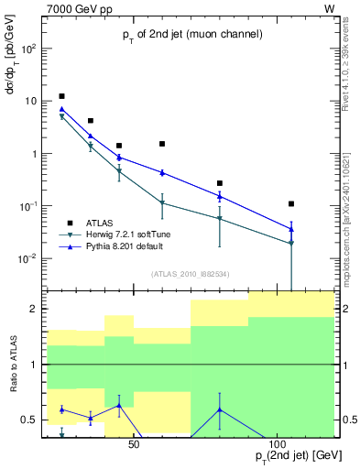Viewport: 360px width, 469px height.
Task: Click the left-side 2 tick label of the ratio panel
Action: point(34,310)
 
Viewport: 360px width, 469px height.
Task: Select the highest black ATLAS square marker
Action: point(61,96)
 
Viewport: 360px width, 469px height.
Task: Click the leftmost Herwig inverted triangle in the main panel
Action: point(61,117)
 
